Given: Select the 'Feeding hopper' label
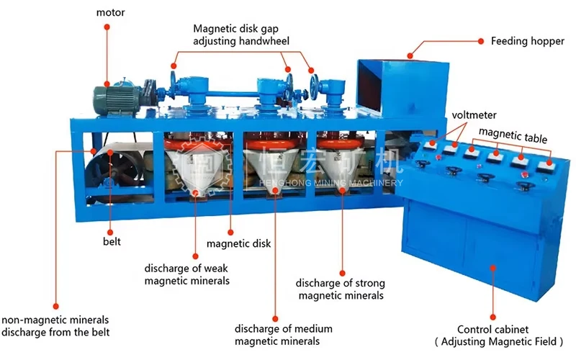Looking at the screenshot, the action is point(527,42).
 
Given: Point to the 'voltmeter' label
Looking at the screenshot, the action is point(474,115).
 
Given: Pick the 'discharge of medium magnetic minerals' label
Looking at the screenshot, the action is point(277,334).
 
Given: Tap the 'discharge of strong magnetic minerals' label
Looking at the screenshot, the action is point(341,289).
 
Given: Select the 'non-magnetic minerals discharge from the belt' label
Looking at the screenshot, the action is point(55,325).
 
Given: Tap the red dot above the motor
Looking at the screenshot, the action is point(107,26).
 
